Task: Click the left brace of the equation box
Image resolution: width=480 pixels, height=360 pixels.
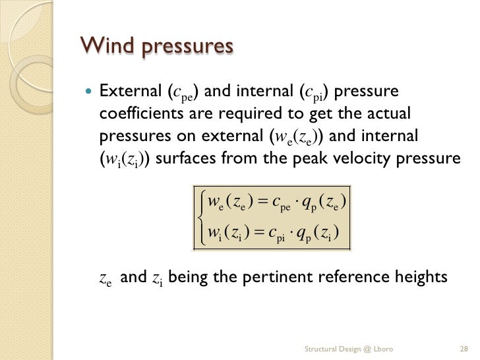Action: [x=199, y=218]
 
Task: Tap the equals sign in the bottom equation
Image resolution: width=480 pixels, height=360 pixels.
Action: [x=258, y=233]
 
